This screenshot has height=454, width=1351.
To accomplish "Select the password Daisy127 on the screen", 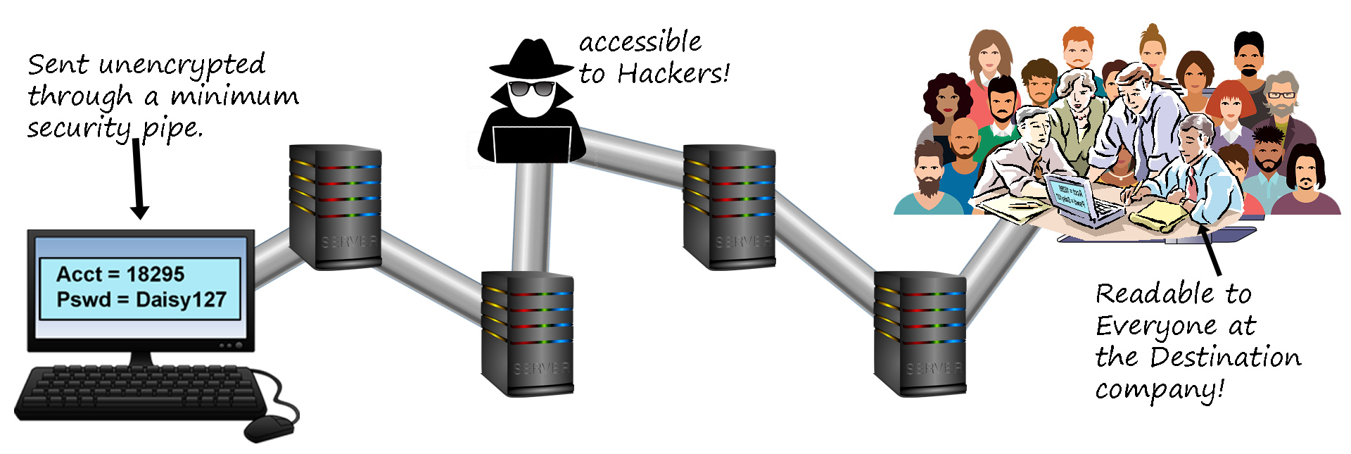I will click(181, 300).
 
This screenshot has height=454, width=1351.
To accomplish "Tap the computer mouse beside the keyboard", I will click(268, 427).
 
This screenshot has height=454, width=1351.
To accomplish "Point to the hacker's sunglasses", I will click(531, 89).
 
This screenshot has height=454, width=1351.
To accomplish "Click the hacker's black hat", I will click(531, 59).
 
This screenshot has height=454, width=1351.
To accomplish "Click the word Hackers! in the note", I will click(673, 73).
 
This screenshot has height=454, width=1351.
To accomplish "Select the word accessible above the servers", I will click(640, 42).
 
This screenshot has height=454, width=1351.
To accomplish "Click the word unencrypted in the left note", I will click(182, 65).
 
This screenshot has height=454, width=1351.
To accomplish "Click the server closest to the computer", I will click(335, 207).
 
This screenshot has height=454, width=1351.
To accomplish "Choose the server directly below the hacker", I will click(527, 334).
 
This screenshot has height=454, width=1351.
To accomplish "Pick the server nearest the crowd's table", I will click(920, 334).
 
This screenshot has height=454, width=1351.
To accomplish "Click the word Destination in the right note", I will click(1225, 358).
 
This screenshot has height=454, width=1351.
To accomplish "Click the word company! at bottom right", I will click(1160, 389).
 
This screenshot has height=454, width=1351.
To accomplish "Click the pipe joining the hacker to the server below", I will click(532, 218).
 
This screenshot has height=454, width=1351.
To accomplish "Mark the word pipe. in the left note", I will click(172, 129).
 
